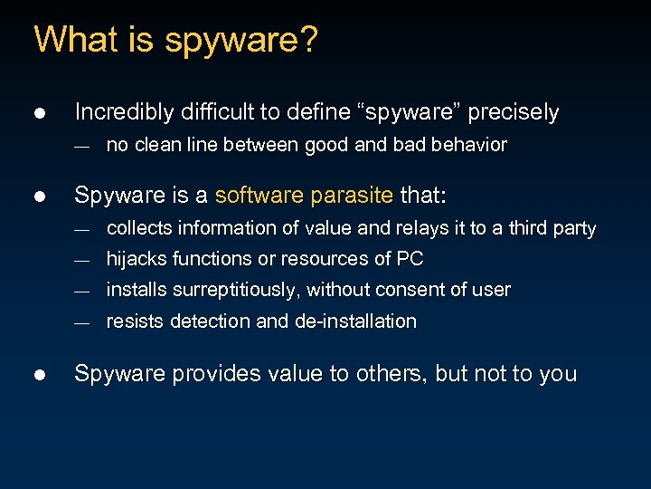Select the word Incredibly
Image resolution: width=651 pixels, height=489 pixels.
124,112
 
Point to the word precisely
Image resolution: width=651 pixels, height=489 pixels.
516,112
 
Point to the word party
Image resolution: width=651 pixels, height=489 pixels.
574,228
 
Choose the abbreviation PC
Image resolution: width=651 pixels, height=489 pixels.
410,259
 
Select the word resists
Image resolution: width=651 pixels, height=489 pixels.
132,321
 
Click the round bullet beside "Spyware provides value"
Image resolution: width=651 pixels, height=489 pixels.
39,374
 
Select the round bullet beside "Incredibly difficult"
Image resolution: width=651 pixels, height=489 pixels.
39,113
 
